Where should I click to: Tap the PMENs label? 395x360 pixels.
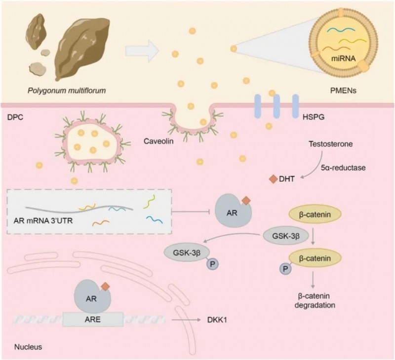click(344, 90)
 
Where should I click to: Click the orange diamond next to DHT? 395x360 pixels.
click(271, 180)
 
